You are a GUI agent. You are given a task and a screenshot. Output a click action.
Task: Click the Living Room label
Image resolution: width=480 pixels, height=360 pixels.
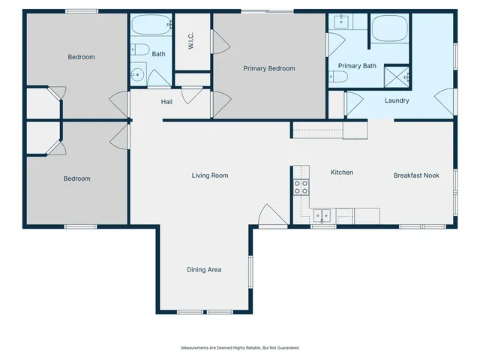(x=209, y=175)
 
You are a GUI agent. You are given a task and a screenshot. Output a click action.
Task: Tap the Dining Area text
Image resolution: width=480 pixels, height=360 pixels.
(x=204, y=269)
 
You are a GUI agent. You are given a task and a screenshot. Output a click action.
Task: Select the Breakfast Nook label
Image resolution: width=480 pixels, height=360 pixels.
(x=416, y=175)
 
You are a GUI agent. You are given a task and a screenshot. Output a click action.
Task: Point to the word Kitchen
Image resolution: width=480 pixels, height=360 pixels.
(x=342, y=172)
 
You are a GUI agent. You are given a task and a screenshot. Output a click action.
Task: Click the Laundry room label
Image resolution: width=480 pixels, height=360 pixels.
(x=396, y=100)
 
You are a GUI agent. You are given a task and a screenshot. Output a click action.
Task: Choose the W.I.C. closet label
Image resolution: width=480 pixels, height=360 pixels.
(x=192, y=43)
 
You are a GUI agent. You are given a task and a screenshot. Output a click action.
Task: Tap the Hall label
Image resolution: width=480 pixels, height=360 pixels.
(x=167, y=101)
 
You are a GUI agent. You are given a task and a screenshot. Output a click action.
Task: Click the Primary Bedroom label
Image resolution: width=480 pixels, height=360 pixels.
(x=269, y=68)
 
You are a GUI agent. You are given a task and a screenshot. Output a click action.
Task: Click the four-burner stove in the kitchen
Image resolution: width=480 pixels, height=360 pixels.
(x=301, y=187)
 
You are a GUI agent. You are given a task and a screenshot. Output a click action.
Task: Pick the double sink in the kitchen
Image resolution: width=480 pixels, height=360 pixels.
(x=322, y=215)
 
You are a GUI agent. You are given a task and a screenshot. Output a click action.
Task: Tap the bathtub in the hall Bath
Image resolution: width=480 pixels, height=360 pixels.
(x=151, y=27)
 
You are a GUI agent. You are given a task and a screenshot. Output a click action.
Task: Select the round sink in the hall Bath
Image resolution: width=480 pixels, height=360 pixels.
(x=137, y=74)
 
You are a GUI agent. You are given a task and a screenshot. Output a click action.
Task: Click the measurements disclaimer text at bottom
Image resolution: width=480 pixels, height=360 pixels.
(x=239, y=348)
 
